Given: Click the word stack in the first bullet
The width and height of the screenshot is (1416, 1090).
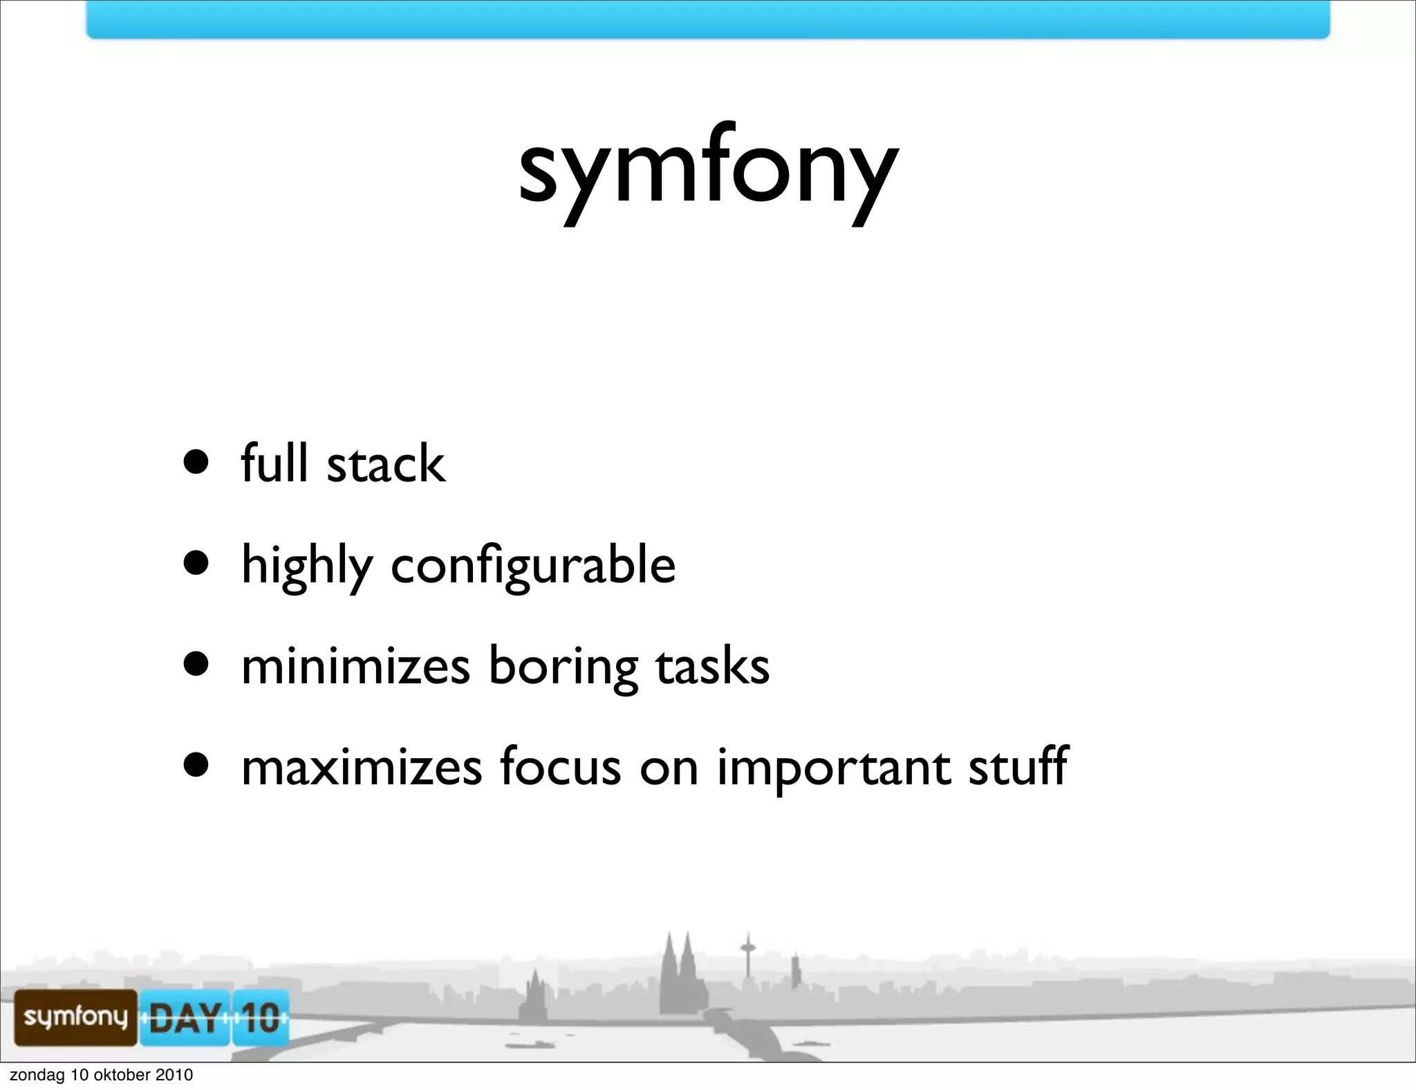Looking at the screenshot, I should (386, 463).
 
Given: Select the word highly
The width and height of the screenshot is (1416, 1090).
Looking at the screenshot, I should (307, 566).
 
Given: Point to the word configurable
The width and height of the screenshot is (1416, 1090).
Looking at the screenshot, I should (533, 566).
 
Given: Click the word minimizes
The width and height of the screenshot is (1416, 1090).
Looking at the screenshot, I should (356, 666).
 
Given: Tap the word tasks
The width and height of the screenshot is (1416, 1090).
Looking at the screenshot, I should (712, 666).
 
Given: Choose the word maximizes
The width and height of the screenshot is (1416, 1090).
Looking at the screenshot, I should (362, 767).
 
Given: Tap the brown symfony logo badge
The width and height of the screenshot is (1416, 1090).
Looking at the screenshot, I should (76, 1016).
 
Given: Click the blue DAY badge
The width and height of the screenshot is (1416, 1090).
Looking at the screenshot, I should (185, 1017).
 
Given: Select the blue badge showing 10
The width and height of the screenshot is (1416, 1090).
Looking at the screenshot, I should (260, 1017).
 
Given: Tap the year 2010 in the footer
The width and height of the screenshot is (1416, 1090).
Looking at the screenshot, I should (174, 1075).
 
